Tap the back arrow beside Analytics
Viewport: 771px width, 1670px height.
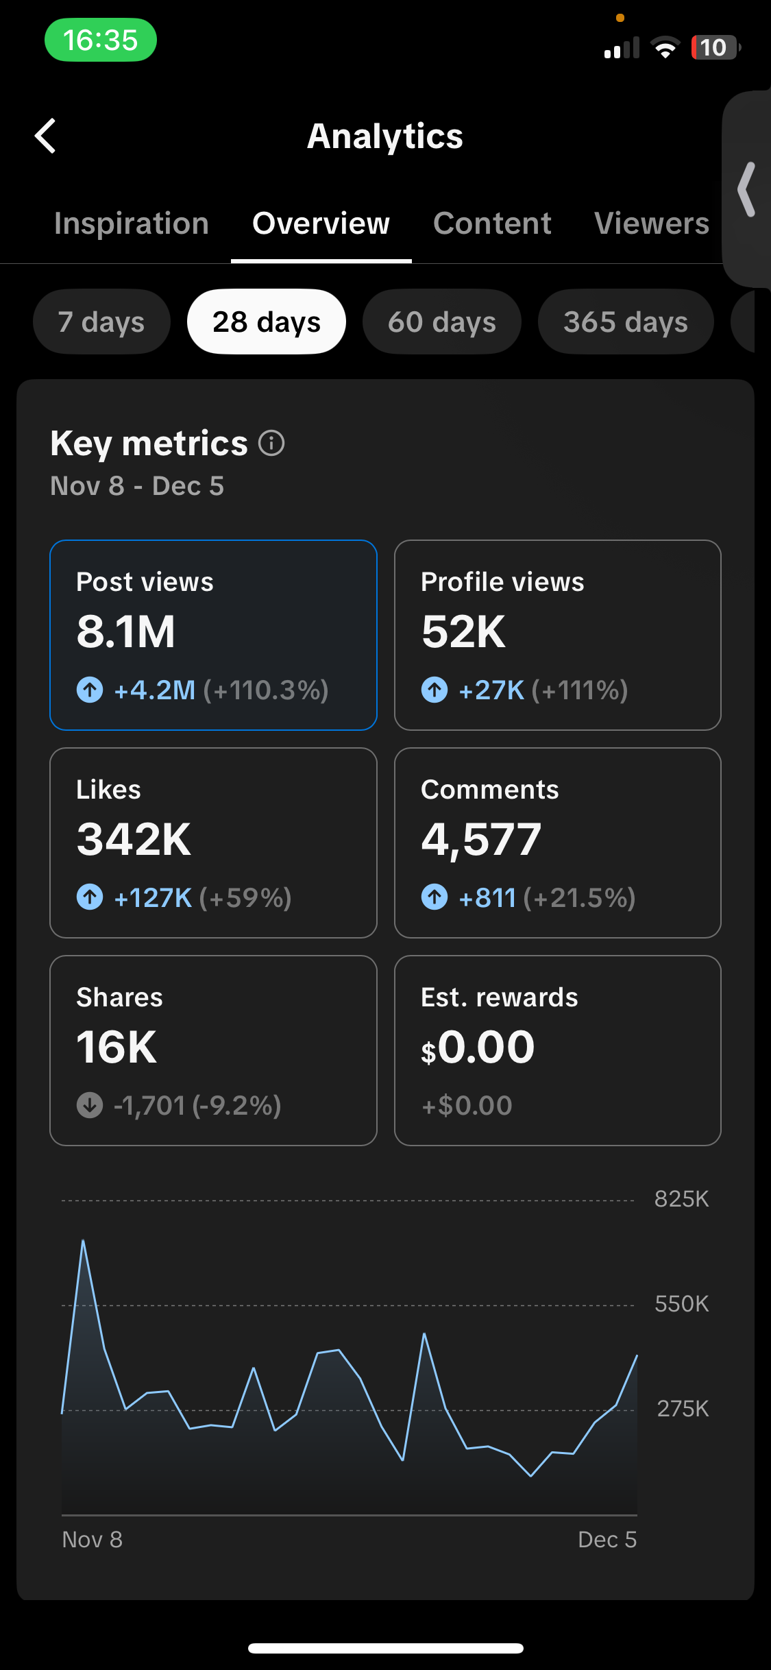(45, 136)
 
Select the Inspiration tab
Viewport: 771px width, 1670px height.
(131, 223)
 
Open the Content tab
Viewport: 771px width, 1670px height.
(492, 223)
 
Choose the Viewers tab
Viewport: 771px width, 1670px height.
(651, 223)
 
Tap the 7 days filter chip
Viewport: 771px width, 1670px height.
(101, 322)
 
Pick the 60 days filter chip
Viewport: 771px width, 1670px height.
(441, 322)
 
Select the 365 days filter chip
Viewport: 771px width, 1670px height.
(625, 322)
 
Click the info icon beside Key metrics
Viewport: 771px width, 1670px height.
(271, 443)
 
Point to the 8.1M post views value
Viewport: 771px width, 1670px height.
(126, 631)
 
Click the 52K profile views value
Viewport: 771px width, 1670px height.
(463, 631)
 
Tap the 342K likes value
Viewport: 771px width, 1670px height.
(134, 839)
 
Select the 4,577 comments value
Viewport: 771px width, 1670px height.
(481, 839)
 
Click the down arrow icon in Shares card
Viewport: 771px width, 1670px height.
(90, 1105)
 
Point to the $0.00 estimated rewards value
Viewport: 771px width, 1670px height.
(478, 1048)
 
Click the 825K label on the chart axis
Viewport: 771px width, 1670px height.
(681, 1199)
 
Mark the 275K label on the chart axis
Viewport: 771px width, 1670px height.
(683, 1409)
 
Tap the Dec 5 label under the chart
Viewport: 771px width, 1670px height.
(607, 1540)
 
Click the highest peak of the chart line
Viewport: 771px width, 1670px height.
(83, 1241)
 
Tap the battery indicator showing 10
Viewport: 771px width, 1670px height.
(715, 47)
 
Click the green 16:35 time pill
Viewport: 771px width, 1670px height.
(101, 40)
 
